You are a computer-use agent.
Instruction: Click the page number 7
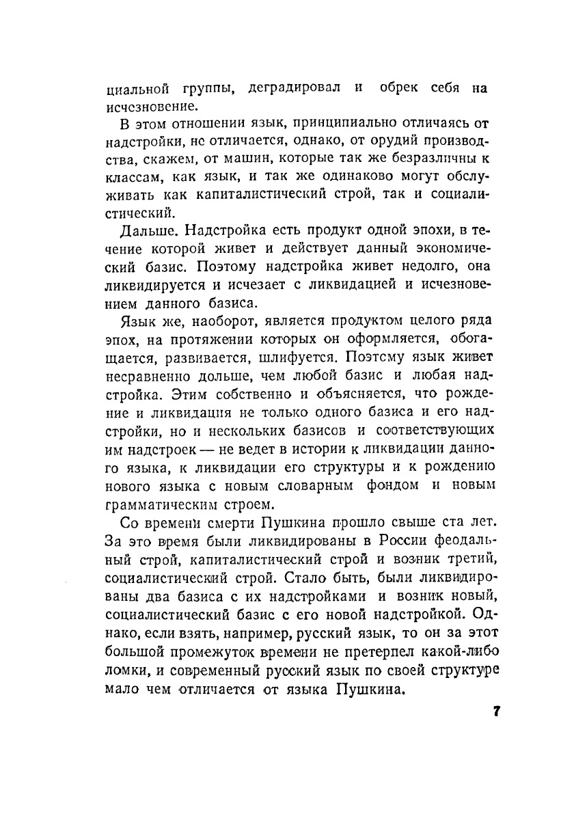tap(497, 711)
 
